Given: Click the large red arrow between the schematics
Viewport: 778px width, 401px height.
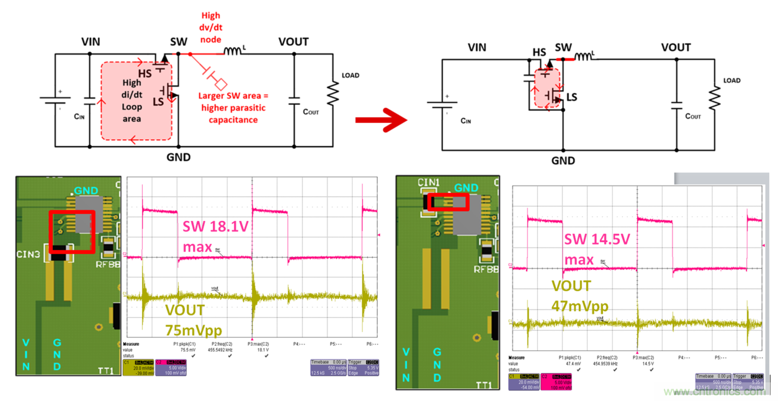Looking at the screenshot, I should (380, 120).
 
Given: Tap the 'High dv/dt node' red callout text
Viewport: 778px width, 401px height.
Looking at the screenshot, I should (210, 27).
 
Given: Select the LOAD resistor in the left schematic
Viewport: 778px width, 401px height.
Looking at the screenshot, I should (333, 94).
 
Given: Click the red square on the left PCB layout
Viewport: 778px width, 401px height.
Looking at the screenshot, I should (71, 231).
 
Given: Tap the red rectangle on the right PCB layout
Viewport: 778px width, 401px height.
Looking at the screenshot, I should (447, 202).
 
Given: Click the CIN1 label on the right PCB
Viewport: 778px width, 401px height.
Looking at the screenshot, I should (428, 182).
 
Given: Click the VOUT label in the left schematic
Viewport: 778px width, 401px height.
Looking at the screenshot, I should (293, 41).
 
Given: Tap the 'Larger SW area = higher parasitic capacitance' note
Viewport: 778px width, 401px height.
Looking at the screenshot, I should (228, 107).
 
